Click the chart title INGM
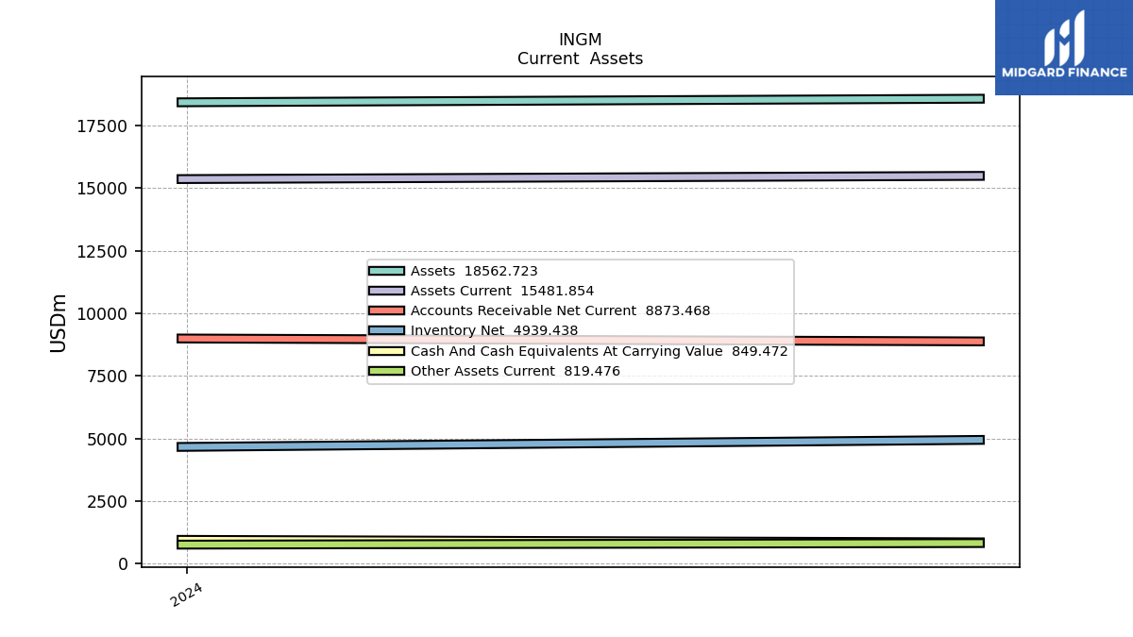[x=580, y=40]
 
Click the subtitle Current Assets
[x=580, y=59]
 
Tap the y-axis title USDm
[x=59, y=323]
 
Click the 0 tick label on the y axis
[x=123, y=564]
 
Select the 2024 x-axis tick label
[x=186, y=595]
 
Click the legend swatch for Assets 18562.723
[x=386, y=271]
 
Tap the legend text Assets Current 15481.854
[x=502, y=291]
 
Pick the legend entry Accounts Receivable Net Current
[x=561, y=310]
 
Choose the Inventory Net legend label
[x=494, y=330]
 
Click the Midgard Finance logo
[x=1064, y=47]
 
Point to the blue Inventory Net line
[x=580, y=444]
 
